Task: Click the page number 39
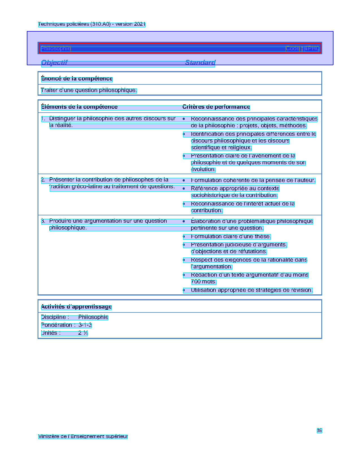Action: coord(319,430)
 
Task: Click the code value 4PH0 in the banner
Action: coord(312,49)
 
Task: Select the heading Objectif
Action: coord(54,62)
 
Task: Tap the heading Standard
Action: coord(200,62)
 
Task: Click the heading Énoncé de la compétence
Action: coord(77,79)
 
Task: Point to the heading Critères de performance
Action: coord(216,107)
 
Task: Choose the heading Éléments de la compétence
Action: coord(79,107)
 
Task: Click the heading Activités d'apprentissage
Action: coord(76,307)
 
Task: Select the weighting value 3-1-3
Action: coord(85,325)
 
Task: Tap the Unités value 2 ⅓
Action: coord(83,333)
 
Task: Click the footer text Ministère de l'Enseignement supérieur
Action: coord(83,436)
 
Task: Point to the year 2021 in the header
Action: coord(140,24)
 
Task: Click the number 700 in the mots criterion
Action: coord(196,282)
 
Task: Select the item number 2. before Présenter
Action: coord(43,180)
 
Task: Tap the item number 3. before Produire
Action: coord(43,221)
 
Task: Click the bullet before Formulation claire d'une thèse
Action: coord(184,237)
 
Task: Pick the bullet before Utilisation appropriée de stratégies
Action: coord(184,290)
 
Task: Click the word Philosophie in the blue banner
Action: coord(56,49)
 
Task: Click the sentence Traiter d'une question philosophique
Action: coord(89,90)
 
